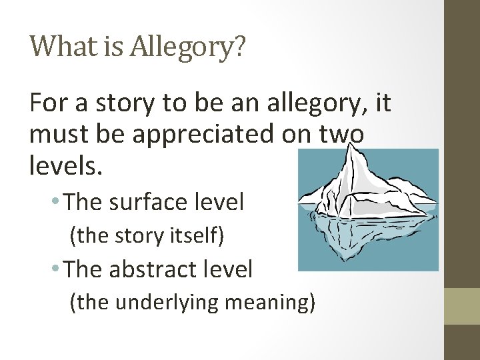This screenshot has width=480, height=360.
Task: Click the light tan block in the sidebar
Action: pos(462,306)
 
